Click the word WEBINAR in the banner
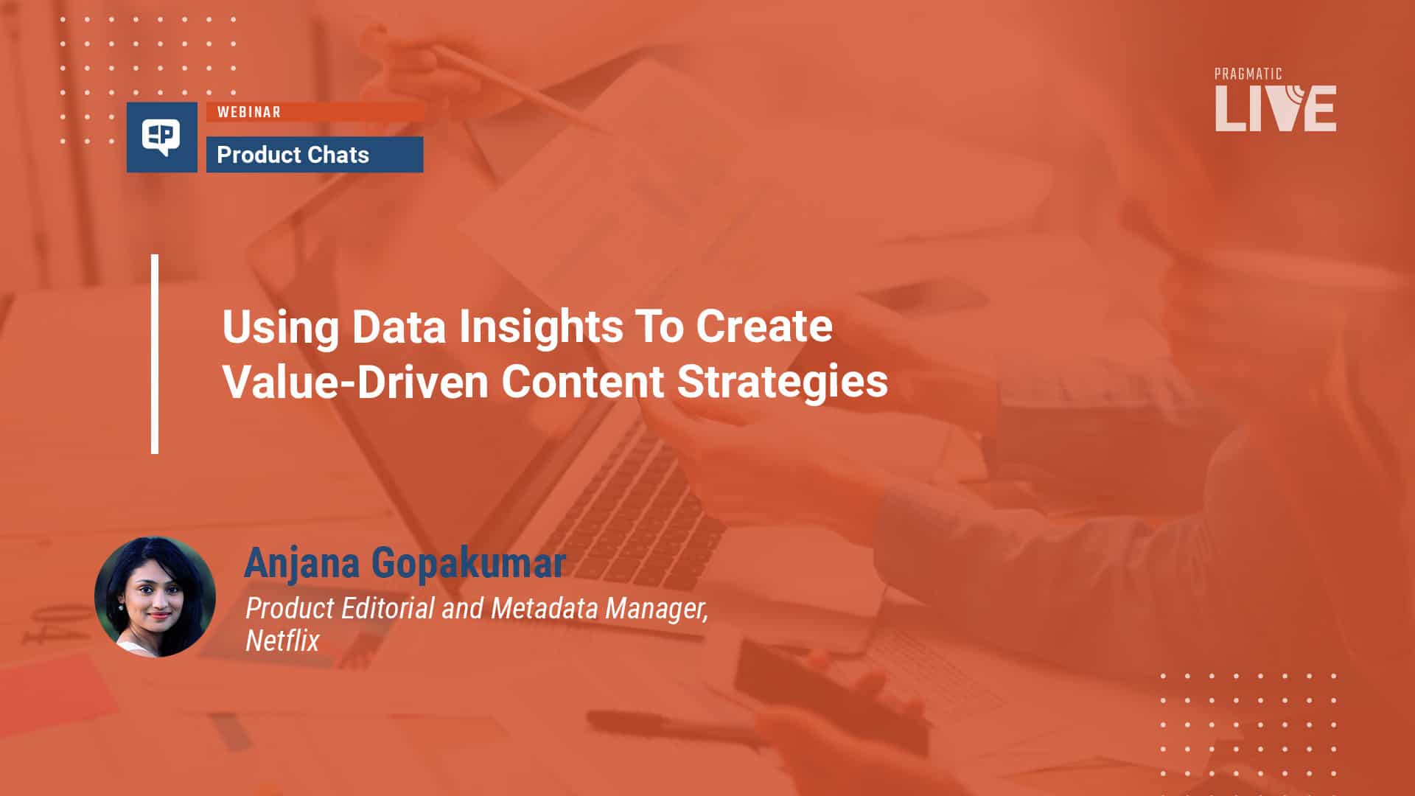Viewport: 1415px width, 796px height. pyautogui.click(x=248, y=112)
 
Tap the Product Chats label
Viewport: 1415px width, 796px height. pyautogui.click(x=293, y=155)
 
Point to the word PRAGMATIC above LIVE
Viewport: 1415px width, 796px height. pyautogui.click(x=1248, y=74)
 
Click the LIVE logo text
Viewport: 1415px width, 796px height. pyautogui.click(x=1276, y=108)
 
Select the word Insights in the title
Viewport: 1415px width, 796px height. pyautogui.click(x=541, y=327)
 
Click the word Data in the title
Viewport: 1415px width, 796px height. pyautogui.click(x=399, y=326)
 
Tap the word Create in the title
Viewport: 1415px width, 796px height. pyautogui.click(x=764, y=326)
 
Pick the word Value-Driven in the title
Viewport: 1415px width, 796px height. pyautogui.click(x=355, y=382)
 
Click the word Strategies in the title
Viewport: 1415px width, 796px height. pyautogui.click(x=783, y=383)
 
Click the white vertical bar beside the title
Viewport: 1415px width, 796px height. pyautogui.click(x=155, y=354)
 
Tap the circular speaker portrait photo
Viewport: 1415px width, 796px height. pyautogui.click(x=155, y=596)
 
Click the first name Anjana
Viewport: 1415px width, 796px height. pyautogui.click(x=302, y=564)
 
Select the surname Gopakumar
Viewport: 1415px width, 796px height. pyautogui.click(x=469, y=565)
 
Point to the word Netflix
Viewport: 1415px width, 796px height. pyautogui.click(x=282, y=640)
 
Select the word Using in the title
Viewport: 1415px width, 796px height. pyautogui.click(x=281, y=327)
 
